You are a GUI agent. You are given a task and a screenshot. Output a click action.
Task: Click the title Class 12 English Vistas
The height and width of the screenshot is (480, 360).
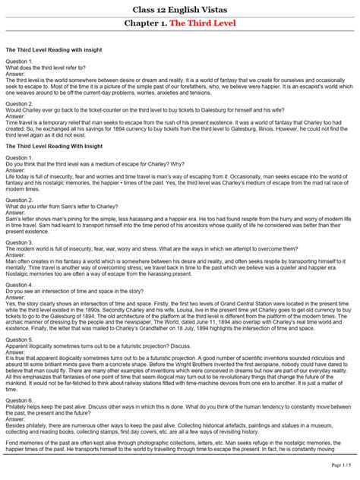(x=179, y=8)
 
